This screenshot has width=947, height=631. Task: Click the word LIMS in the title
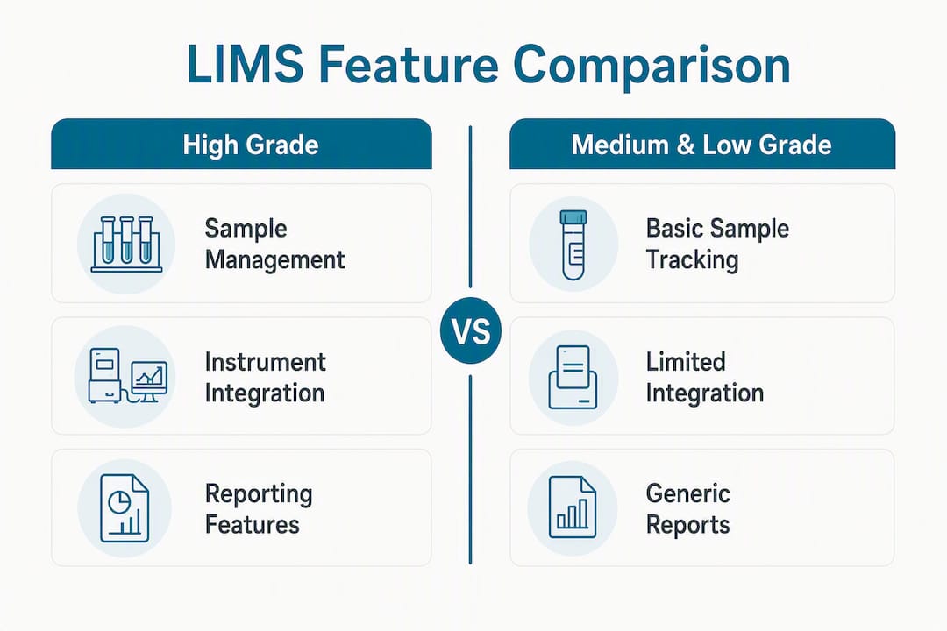coord(245,64)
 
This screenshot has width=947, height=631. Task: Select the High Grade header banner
coord(242,144)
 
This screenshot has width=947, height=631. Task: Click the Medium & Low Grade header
coord(701,144)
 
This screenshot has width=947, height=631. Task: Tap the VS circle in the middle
coord(471,331)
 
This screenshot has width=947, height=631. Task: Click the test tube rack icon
coord(127,244)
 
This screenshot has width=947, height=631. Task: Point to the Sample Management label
coord(274,244)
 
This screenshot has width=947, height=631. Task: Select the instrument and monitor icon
coord(127,376)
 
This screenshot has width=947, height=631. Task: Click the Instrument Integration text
coord(265,378)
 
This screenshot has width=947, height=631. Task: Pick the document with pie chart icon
coord(125,508)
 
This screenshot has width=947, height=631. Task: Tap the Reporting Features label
coord(259,508)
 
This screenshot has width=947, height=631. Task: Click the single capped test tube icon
coord(573,245)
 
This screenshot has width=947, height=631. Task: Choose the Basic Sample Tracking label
coord(717,244)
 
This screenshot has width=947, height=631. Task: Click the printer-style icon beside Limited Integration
coord(573,378)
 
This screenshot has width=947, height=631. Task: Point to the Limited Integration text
coord(705,378)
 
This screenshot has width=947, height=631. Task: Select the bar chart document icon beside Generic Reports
coord(572,507)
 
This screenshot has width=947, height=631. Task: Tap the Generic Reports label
coord(688,508)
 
